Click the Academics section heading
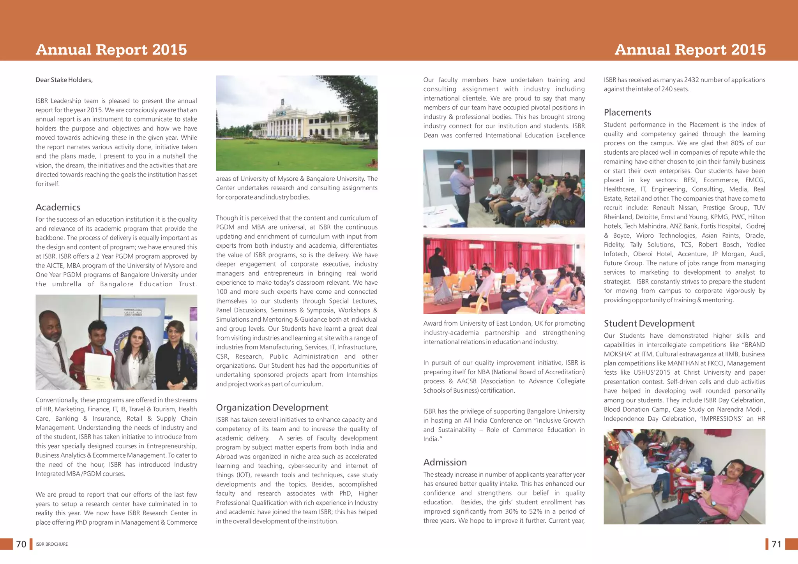pos(58,207)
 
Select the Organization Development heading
pos(272,407)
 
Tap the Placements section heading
pos(627,113)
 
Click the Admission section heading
pos(445,462)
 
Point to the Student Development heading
pos(649,324)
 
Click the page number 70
pos(21,544)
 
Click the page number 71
pos(776,544)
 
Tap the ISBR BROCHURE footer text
pos(51,544)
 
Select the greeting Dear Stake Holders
pos(64,80)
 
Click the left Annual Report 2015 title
pos(111,50)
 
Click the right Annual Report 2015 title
pos(690,50)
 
